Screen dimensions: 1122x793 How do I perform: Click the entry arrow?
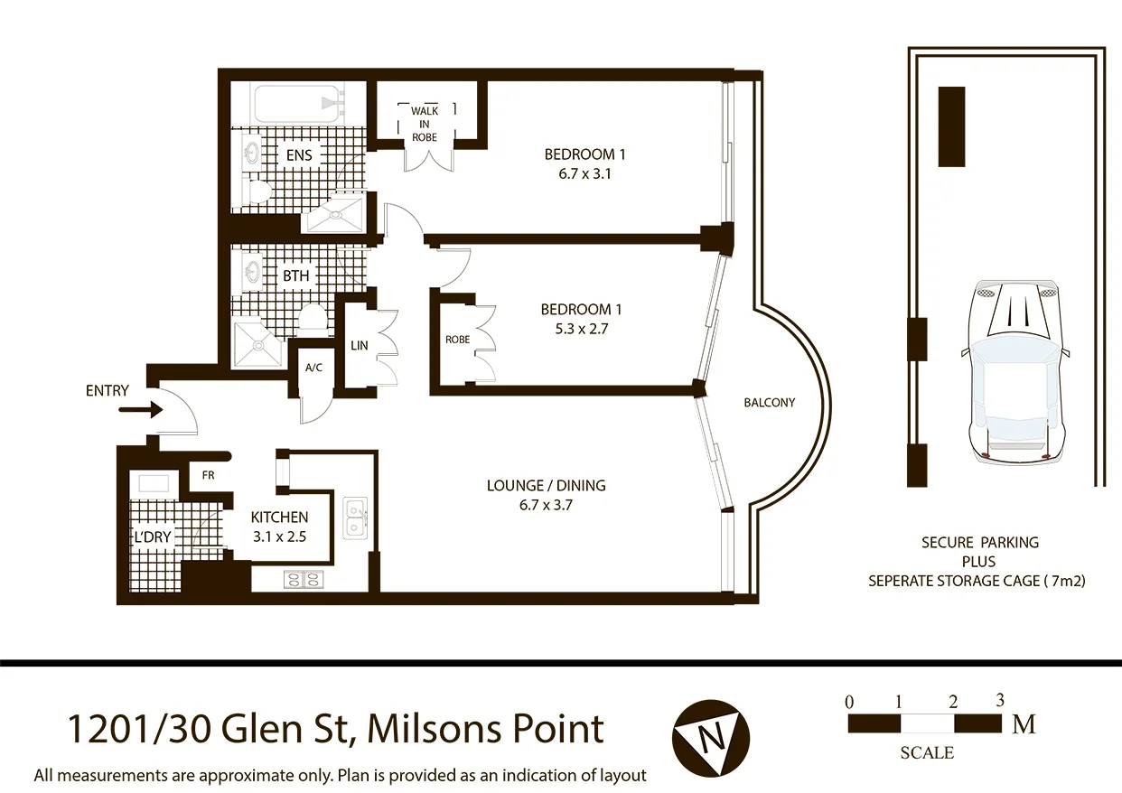click(x=141, y=410)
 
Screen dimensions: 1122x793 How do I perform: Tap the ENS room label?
click(x=299, y=155)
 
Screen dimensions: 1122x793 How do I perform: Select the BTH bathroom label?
click(x=296, y=275)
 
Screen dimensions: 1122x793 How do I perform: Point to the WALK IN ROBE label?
click(x=425, y=124)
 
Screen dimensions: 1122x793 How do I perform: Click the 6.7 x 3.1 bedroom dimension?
click(x=584, y=173)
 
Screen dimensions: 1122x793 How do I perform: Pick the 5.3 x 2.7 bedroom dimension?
click(x=581, y=329)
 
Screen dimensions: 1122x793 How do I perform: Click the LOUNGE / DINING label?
click(x=546, y=485)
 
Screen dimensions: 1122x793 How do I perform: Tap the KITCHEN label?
click(x=279, y=517)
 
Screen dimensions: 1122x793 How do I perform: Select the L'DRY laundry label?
click(x=153, y=536)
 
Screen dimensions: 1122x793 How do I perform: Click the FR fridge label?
click(x=209, y=475)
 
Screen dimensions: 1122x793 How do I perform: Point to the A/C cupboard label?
click(x=313, y=368)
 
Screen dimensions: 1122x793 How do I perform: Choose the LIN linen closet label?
click(x=360, y=345)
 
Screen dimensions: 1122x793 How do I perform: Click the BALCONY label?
click(x=770, y=403)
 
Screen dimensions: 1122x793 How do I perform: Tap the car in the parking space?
click(x=1015, y=372)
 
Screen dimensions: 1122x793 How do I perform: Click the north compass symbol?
click(x=711, y=738)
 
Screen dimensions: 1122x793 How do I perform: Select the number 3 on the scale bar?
click(x=1000, y=700)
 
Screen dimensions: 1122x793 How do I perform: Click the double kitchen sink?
click(x=355, y=518)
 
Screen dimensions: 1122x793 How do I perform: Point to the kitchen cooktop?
click(x=304, y=580)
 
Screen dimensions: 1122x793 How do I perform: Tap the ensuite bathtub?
click(x=297, y=104)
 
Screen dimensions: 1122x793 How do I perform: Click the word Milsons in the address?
click(x=435, y=729)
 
